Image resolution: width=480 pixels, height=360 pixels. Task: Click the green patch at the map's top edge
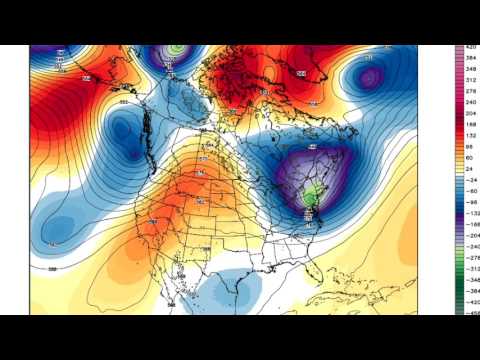click(x=176, y=48)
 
